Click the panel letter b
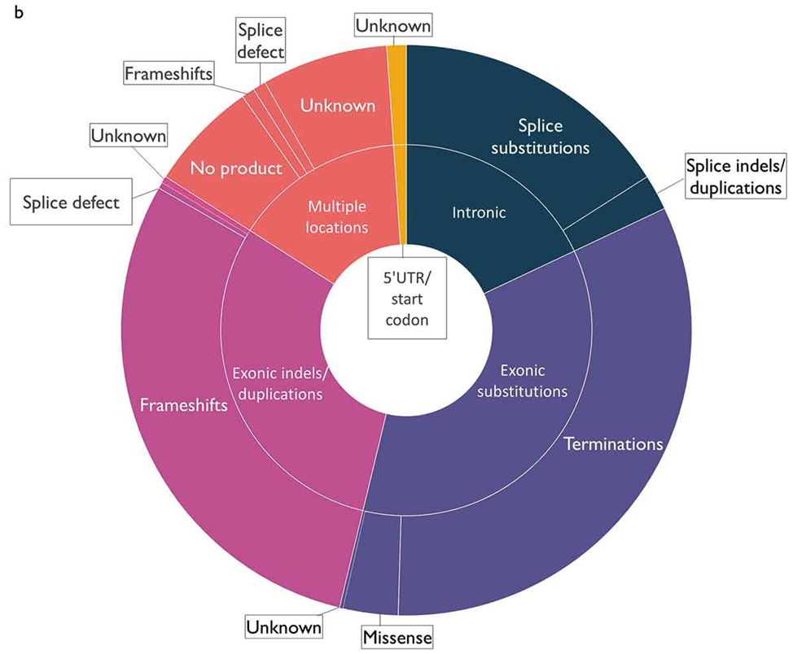pos(19,12)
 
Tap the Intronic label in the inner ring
pos(479,212)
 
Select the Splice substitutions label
pos(540,137)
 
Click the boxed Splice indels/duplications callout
pos(736,177)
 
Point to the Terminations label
pos(613,444)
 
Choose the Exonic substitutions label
pos(523,381)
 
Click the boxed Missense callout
pos(397,637)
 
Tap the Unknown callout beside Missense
pos(283,626)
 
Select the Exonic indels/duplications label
pos(280,384)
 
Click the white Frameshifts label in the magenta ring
pos(183,405)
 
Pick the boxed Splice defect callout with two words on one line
pos(72,203)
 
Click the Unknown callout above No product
pos(129,136)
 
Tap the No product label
pos(236,168)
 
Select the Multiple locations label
pos(337,217)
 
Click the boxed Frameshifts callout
pos(169,74)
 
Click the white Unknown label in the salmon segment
pos(338,106)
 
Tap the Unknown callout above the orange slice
pos(393,26)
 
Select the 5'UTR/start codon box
pos(407,299)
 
